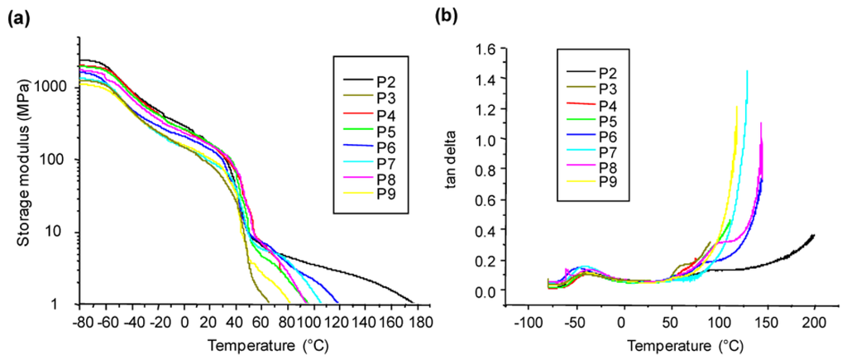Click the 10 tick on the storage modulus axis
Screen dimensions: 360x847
65,233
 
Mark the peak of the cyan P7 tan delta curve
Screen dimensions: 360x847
747,71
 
